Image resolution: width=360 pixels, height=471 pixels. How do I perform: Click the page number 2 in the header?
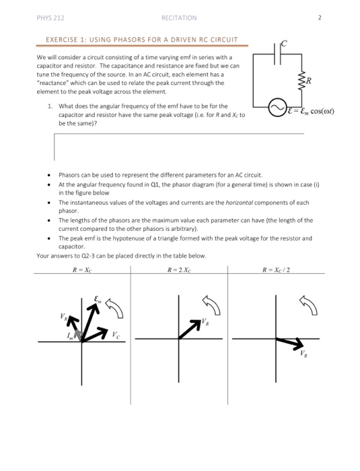coord(320,17)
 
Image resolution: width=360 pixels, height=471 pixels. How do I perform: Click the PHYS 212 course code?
coord(50,18)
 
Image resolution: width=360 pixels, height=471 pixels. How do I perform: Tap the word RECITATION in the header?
coord(179,18)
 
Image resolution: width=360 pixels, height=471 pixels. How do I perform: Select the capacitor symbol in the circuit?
coord(277,54)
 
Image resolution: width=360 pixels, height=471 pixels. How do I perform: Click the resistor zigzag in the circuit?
coord(301,81)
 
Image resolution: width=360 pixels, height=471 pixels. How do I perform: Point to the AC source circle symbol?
coord(277,108)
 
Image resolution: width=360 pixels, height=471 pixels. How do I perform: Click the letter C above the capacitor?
coord(284,44)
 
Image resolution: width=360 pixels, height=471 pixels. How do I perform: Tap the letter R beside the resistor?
coord(309,81)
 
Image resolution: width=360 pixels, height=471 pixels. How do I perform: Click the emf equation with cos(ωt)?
coord(311,111)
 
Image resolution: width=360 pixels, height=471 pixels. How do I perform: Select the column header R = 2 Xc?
coord(179,270)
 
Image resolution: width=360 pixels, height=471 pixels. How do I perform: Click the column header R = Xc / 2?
coord(276,270)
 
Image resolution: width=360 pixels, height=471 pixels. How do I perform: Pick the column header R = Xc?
coord(82,270)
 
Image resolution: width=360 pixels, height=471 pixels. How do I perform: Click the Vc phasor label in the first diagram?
coord(116,334)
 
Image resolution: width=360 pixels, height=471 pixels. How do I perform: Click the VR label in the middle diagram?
coord(205,322)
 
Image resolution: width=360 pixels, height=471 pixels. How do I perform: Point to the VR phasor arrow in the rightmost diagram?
coord(290,342)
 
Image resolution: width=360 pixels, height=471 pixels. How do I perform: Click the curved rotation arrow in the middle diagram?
coord(212,305)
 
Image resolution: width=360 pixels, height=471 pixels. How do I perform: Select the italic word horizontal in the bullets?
coord(239,203)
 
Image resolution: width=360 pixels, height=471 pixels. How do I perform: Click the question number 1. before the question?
coord(50,106)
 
